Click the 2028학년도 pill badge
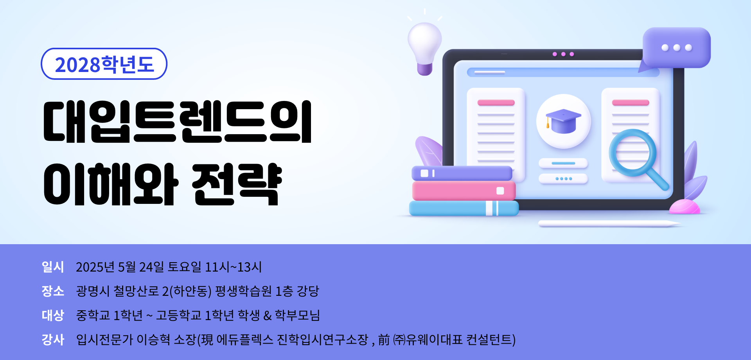coord(104,64)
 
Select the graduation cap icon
coord(563,121)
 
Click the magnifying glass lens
coord(632,153)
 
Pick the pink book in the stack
coord(464,191)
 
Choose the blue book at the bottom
coord(464,208)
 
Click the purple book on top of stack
coord(462,173)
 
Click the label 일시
coord(53,267)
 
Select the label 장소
coord(53,291)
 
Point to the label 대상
coord(53,315)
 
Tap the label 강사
coord(53,340)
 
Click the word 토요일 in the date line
coord(184,267)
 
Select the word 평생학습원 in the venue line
coord(243,291)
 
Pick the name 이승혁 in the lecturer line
coord(153,340)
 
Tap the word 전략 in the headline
coord(237,184)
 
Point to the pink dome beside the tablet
coord(685,207)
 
